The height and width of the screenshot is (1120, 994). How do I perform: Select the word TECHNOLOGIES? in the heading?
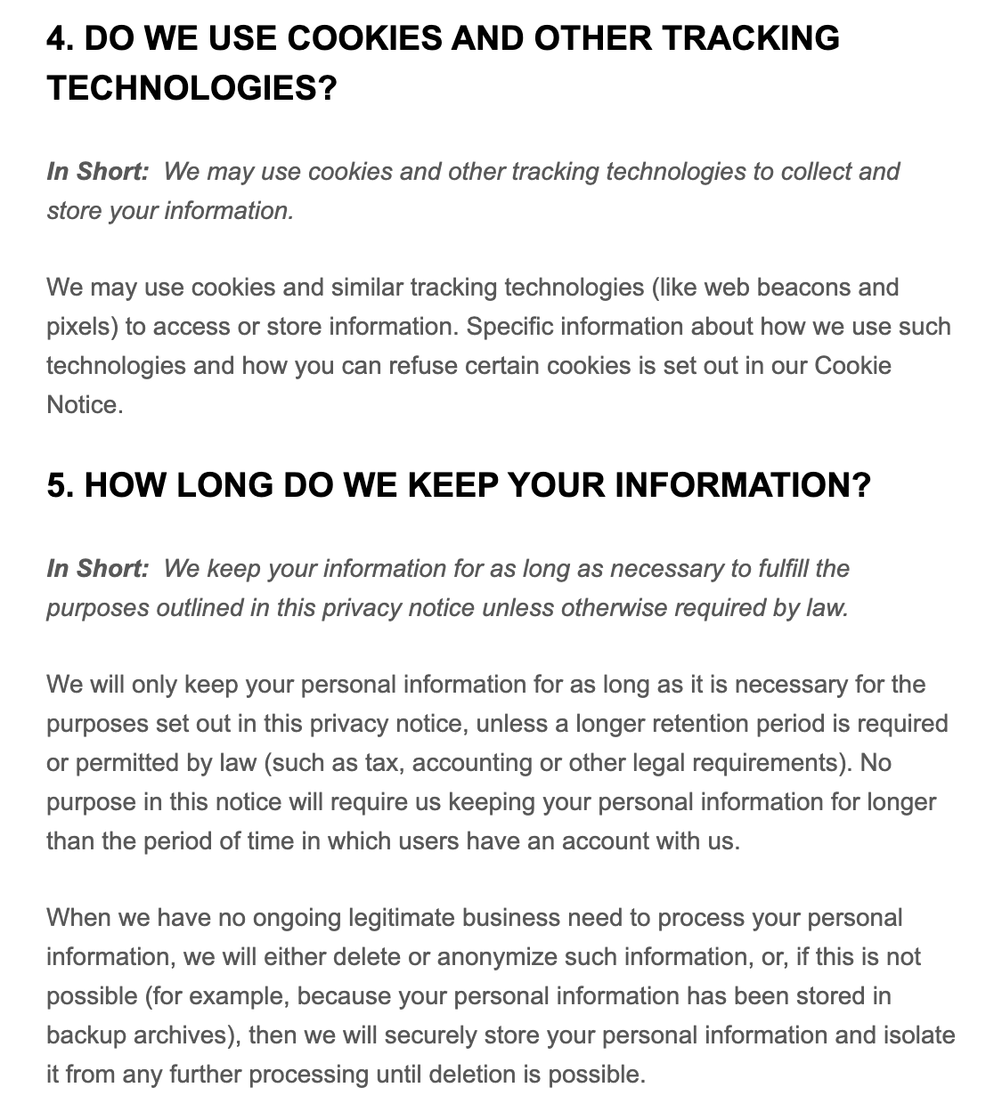tap(192, 88)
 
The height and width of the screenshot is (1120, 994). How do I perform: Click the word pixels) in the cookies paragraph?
tap(83, 327)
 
